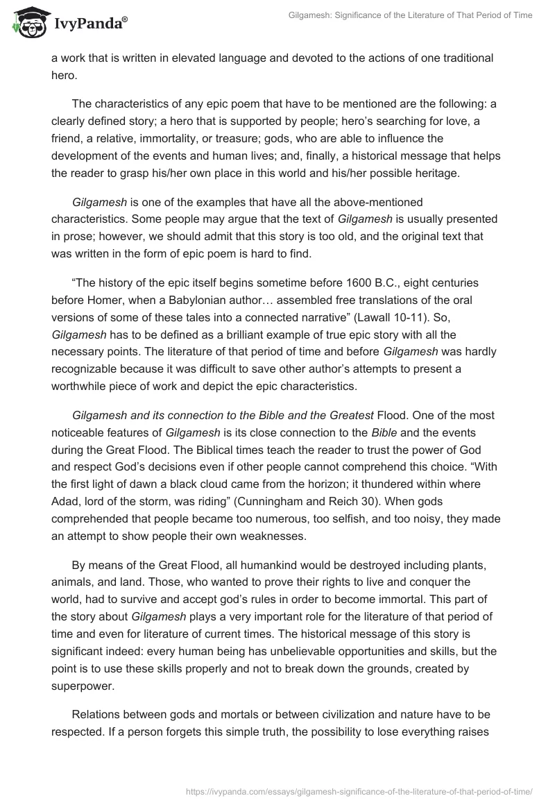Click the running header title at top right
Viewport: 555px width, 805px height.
pos(410,15)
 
